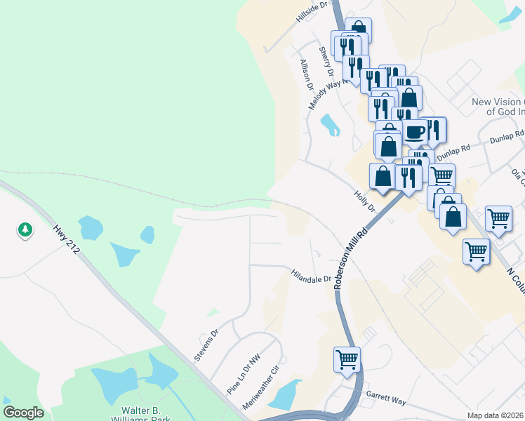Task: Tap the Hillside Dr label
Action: (312, 13)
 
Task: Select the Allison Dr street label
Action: (306, 74)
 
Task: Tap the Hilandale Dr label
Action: (311, 274)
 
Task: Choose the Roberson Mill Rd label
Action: (351, 258)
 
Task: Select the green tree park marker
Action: (25, 229)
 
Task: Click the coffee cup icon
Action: (414, 131)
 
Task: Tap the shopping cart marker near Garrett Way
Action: (347, 360)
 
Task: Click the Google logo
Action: (23, 413)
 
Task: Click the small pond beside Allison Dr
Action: (330, 125)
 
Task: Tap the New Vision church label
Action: (498, 107)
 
